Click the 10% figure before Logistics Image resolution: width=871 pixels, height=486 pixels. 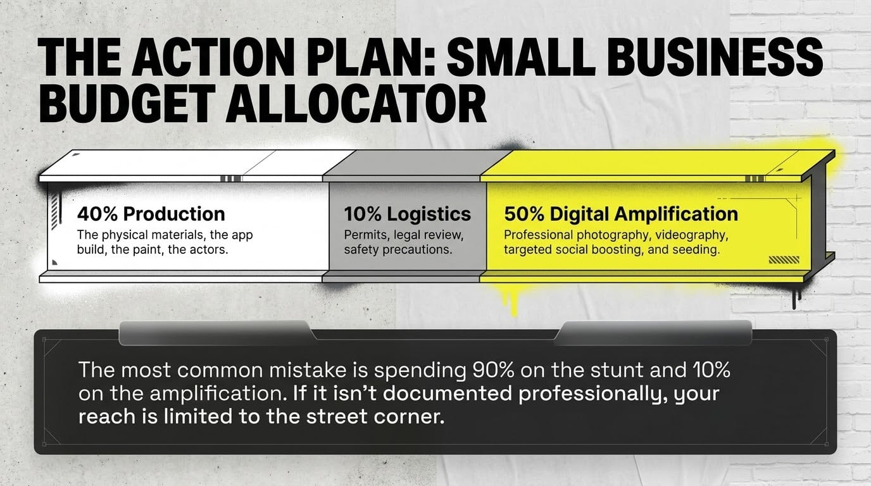362,214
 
